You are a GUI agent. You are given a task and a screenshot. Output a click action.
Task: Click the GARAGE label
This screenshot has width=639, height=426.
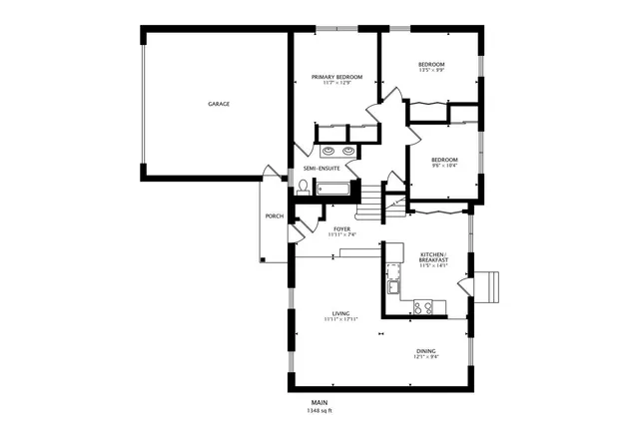[219, 104]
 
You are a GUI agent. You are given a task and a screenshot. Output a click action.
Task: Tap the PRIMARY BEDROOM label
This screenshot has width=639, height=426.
[336, 77]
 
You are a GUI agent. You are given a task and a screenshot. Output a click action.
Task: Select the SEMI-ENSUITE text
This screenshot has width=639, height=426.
[321, 168]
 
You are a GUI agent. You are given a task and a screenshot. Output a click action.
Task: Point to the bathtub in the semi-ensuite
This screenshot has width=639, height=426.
[332, 189]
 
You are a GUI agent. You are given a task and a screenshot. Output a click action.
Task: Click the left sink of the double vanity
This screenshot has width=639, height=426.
[327, 152]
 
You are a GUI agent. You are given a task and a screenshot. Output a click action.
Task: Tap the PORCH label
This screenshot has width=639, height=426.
[274, 216]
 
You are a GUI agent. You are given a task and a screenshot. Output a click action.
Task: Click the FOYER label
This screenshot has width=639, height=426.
[341, 228]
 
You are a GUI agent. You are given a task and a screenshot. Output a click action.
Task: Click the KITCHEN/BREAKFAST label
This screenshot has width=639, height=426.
[433, 256]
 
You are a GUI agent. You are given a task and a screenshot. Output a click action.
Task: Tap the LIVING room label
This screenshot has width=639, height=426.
[340, 313]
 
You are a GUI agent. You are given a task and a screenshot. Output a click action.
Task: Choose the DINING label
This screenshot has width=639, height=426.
[426, 351]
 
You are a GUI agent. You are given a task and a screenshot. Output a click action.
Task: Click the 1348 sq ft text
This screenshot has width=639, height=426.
[319, 410]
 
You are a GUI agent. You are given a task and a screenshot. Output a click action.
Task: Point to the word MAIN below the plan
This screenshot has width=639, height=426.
[319, 402]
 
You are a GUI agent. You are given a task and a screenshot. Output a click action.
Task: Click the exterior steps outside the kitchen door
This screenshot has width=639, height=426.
[489, 286]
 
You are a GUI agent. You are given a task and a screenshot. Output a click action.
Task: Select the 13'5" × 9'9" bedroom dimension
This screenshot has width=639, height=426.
[431, 71]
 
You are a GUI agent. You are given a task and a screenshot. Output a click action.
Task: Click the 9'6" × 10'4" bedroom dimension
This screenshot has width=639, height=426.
[444, 167]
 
